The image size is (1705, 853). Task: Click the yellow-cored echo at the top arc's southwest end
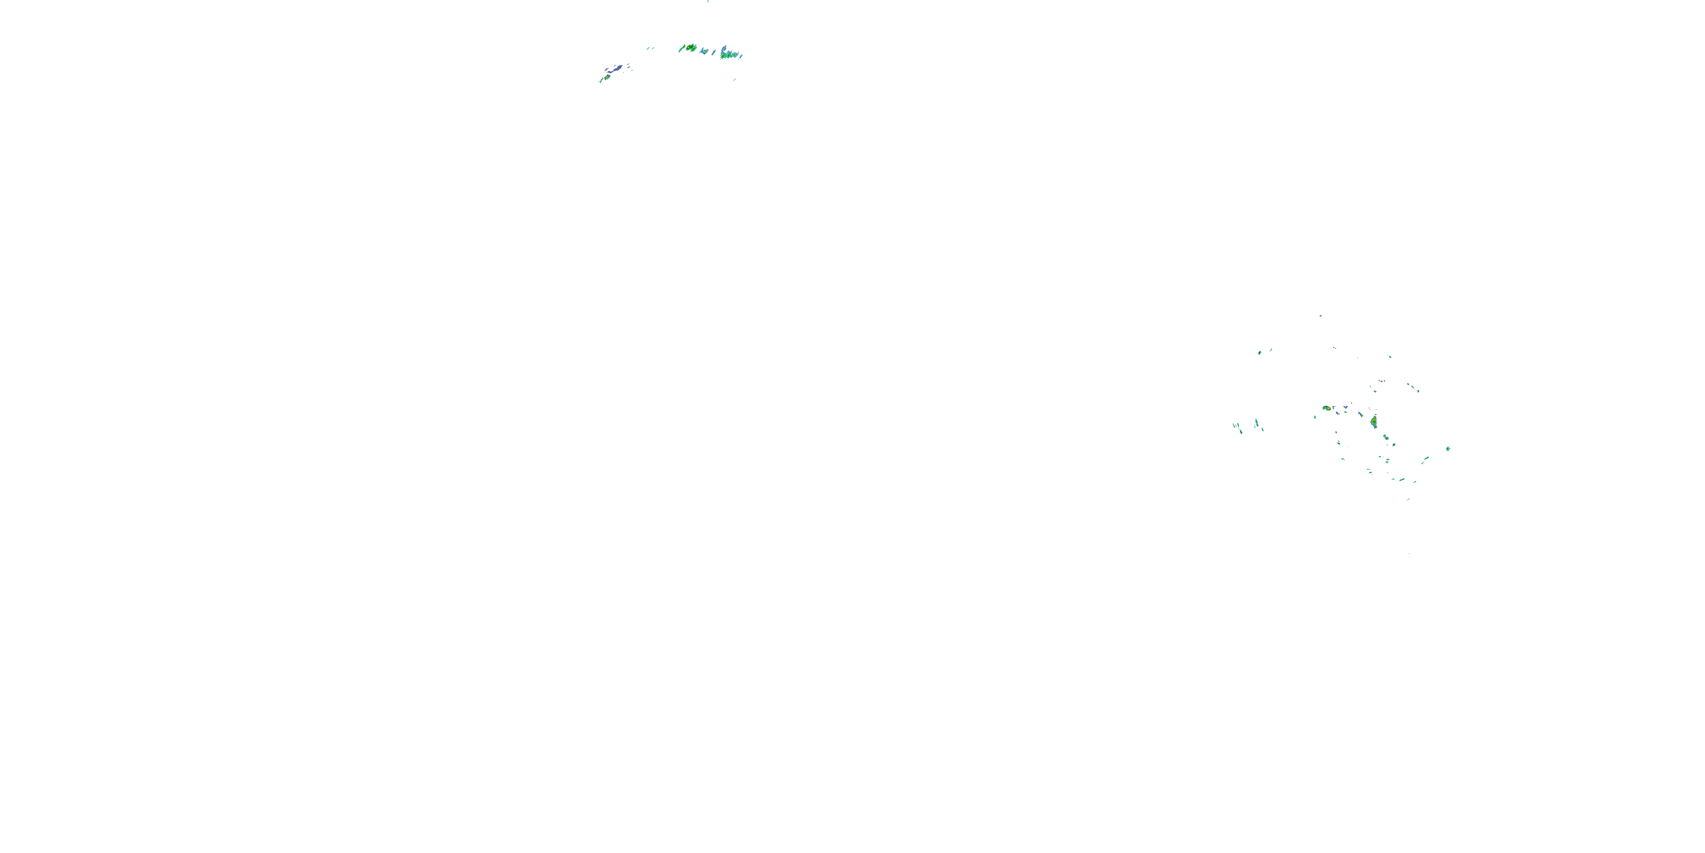pyautogui.click(x=607, y=77)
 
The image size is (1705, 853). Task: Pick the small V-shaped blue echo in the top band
pyautogui.click(x=704, y=51)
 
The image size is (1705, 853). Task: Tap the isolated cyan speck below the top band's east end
pyautogui.click(x=734, y=80)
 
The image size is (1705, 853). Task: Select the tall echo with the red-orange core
pyautogui.click(x=1374, y=421)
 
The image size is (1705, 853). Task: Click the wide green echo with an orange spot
pyautogui.click(x=1326, y=408)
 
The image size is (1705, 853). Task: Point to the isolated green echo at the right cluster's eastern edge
pyautogui.click(x=1448, y=448)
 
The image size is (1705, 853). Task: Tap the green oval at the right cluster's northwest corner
pyautogui.click(x=1259, y=353)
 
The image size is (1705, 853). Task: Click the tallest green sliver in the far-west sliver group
pyautogui.click(x=1256, y=423)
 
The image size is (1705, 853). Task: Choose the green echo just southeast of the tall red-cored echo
pyautogui.click(x=1386, y=437)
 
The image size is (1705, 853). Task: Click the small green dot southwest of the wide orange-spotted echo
pyautogui.click(x=1315, y=417)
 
